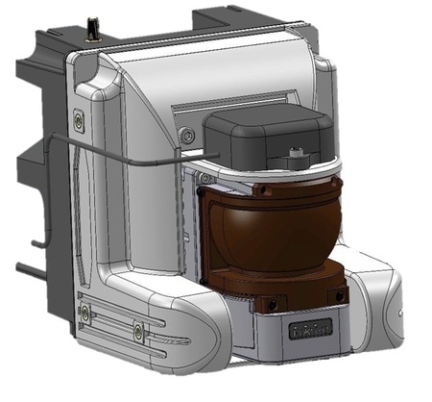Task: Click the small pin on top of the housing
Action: tap(94, 25)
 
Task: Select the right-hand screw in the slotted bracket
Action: tap(139, 332)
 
